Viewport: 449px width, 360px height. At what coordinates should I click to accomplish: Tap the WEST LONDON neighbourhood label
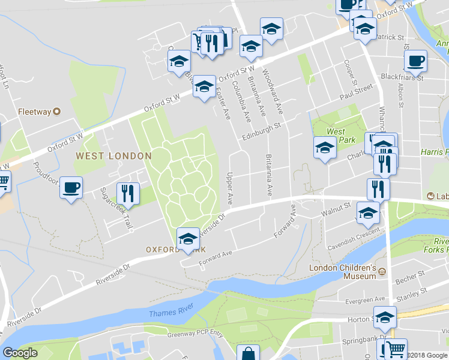pyautogui.click(x=113, y=156)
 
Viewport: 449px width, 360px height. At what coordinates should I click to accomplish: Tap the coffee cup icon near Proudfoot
pyautogui.click(x=71, y=188)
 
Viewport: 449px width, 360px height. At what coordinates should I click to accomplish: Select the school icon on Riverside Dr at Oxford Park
pyautogui.click(x=188, y=239)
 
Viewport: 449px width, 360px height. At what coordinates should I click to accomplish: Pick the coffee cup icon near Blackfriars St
pyautogui.click(x=415, y=61)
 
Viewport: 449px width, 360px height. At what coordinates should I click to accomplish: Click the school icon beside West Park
pyautogui.click(x=325, y=148)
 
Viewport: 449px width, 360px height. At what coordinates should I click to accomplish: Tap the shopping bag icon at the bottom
pyautogui.click(x=247, y=354)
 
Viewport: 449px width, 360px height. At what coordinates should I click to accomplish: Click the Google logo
pyautogui.click(x=19, y=353)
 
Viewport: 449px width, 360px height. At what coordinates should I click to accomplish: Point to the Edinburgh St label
pyautogui.click(x=262, y=132)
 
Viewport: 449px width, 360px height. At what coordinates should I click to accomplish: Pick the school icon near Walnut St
pyautogui.click(x=368, y=212)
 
